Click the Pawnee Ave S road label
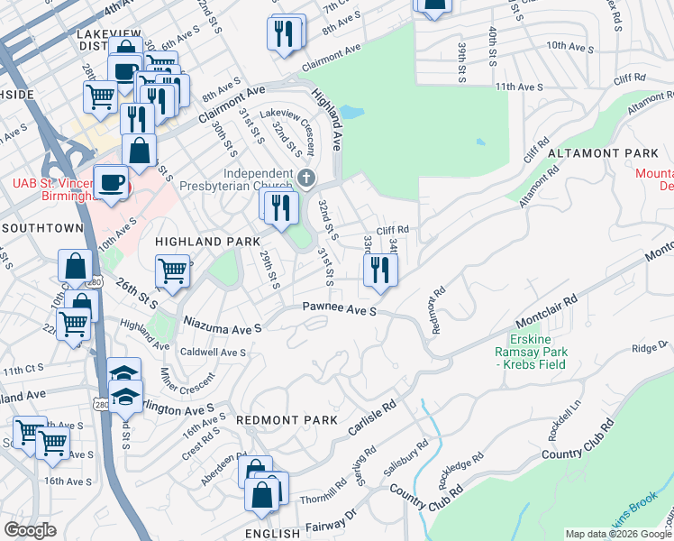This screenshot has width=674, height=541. tap(339, 310)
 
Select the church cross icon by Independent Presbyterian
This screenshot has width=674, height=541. tap(307, 177)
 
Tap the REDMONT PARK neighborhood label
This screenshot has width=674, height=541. tap(287, 420)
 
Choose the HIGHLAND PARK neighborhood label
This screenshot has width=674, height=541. tap(207, 242)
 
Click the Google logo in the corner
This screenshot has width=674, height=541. tap(29, 529)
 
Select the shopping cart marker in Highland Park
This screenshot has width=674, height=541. tap(171, 270)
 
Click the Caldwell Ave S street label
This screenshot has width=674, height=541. tap(214, 352)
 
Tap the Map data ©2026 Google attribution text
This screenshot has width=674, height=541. tap(617, 534)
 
